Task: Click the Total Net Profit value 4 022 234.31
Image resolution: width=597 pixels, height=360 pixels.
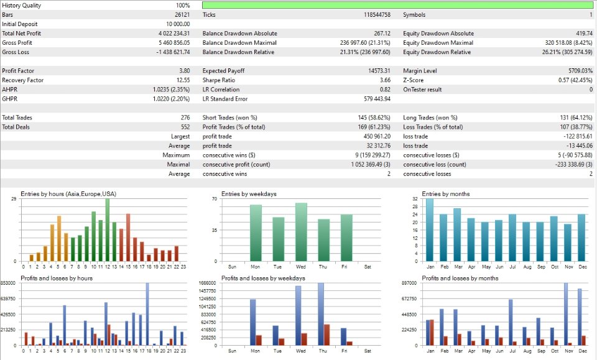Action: pos(174,34)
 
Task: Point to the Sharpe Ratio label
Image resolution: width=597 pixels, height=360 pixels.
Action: pos(218,80)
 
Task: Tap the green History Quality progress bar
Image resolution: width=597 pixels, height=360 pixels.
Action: pos(397,5)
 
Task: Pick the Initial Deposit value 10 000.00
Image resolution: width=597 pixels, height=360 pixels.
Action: pos(177,24)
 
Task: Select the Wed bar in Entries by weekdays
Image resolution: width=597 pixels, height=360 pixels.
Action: pos(302,232)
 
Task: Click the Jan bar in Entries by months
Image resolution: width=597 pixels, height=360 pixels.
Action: pos(430,230)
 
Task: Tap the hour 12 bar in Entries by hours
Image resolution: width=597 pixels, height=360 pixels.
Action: pos(107,230)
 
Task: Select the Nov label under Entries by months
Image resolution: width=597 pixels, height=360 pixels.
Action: pos(567,266)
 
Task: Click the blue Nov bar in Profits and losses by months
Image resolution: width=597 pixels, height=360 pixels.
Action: pos(565,314)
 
